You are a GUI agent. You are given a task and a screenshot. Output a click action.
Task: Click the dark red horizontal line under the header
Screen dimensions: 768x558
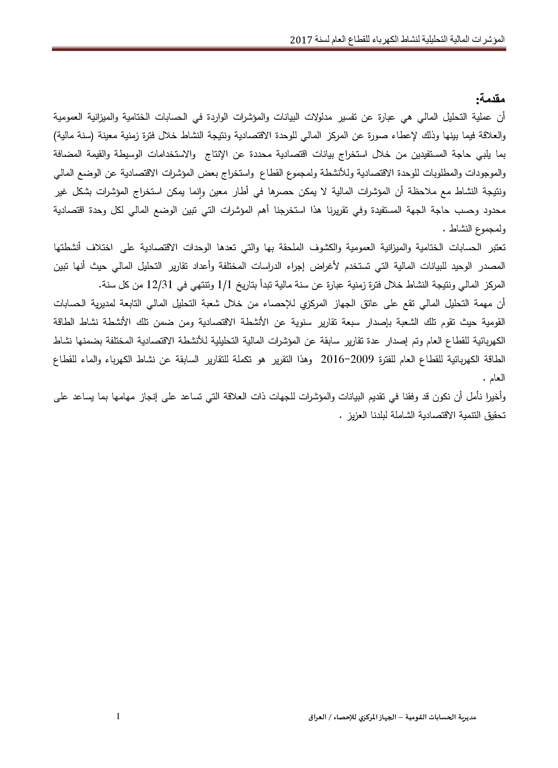pyautogui.click(x=279, y=49)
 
